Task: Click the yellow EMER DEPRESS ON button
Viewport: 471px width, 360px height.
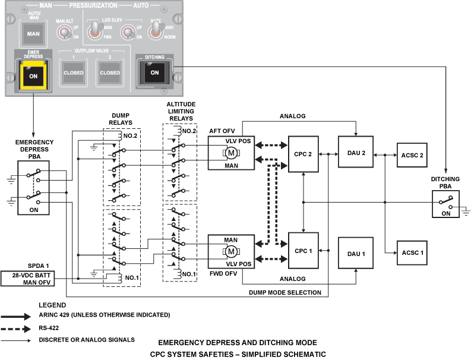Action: (x=33, y=75)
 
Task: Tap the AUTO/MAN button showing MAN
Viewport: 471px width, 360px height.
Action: (x=33, y=34)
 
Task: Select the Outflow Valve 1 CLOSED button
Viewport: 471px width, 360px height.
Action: (x=73, y=72)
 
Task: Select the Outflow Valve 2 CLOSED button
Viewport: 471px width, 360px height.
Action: (x=110, y=72)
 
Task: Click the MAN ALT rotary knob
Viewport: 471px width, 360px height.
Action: (x=64, y=32)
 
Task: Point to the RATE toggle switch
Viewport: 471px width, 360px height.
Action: (x=155, y=31)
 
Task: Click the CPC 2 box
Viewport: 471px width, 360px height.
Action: (x=303, y=154)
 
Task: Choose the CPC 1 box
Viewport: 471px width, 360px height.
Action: (x=303, y=251)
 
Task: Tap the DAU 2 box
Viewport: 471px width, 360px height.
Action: (x=356, y=151)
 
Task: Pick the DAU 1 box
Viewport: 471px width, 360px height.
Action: (x=356, y=253)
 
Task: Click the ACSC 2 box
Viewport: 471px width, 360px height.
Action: (x=412, y=155)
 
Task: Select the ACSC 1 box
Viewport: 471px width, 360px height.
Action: (x=412, y=252)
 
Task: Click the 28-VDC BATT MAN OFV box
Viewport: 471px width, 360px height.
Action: (x=28, y=279)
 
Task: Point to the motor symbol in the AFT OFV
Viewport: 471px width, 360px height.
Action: (x=231, y=153)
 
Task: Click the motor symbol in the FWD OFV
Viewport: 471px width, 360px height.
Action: (x=231, y=251)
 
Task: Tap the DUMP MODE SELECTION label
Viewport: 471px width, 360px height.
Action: (x=285, y=292)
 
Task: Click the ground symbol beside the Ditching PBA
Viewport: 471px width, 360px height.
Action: (x=466, y=211)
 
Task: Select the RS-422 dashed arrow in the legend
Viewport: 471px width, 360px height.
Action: (x=15, y=329)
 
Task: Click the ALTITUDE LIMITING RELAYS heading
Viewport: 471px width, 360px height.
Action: (x=181, y=111)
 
